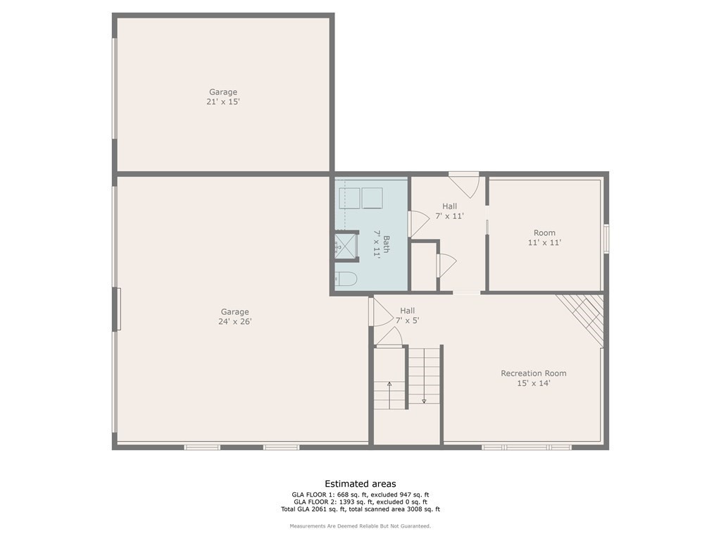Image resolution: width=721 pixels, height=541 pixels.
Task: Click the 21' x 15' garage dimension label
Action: click(223, 101)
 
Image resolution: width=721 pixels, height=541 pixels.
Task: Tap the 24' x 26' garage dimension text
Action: click(235, 321)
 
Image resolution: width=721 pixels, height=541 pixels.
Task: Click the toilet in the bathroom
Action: click(346, 279)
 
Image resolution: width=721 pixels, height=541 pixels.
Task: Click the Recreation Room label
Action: click(534, 373)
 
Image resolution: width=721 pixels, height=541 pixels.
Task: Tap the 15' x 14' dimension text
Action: click(534, 383)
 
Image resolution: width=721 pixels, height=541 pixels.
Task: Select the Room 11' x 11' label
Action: click(544, 237)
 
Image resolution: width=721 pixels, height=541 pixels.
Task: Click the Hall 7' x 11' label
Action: click(450, 211)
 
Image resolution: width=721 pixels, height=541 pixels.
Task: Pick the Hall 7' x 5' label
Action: click(408, 315)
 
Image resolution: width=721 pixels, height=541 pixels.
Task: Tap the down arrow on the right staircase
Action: click(424, 390)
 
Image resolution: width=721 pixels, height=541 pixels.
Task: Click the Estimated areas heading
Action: click(360, 483)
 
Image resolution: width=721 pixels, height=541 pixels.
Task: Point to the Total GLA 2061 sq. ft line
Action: click(360, 509)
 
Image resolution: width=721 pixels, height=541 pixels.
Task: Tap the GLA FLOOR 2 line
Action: click(360, 502)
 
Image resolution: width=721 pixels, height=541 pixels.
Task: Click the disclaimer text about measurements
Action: click(360, 526)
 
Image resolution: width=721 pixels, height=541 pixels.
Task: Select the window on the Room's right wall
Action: click(606, 238)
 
